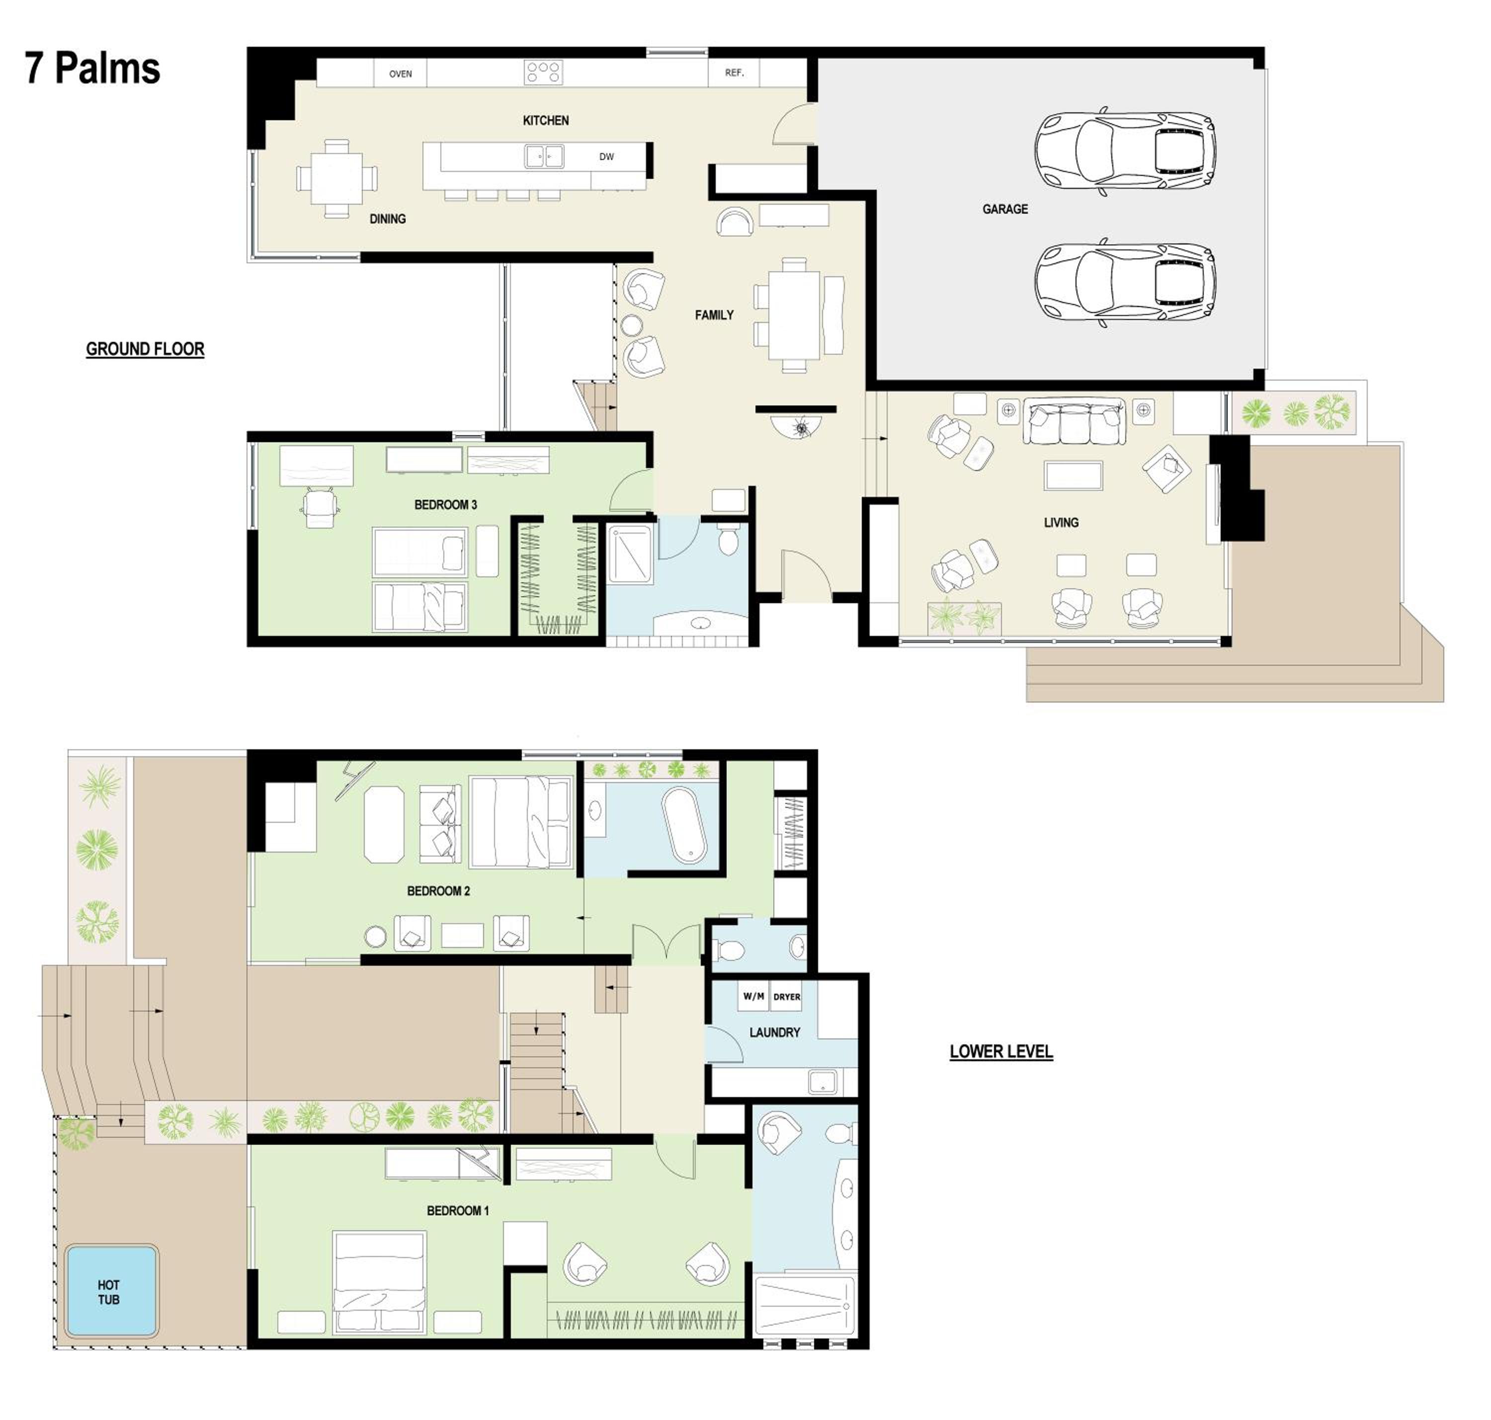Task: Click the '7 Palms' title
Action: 92,69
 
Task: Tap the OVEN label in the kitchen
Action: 401,74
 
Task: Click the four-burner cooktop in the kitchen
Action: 543,73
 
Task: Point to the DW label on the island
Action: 606,157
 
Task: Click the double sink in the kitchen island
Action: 544,157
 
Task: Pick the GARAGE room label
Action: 1005,209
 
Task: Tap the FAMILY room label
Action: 714,315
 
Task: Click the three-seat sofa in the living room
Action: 1074,422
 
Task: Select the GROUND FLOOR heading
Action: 145,349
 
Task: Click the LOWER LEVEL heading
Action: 1001,1051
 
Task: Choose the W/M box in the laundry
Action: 753,997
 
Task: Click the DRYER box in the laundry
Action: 787,997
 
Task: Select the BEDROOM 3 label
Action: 445,505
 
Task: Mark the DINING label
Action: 388,219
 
